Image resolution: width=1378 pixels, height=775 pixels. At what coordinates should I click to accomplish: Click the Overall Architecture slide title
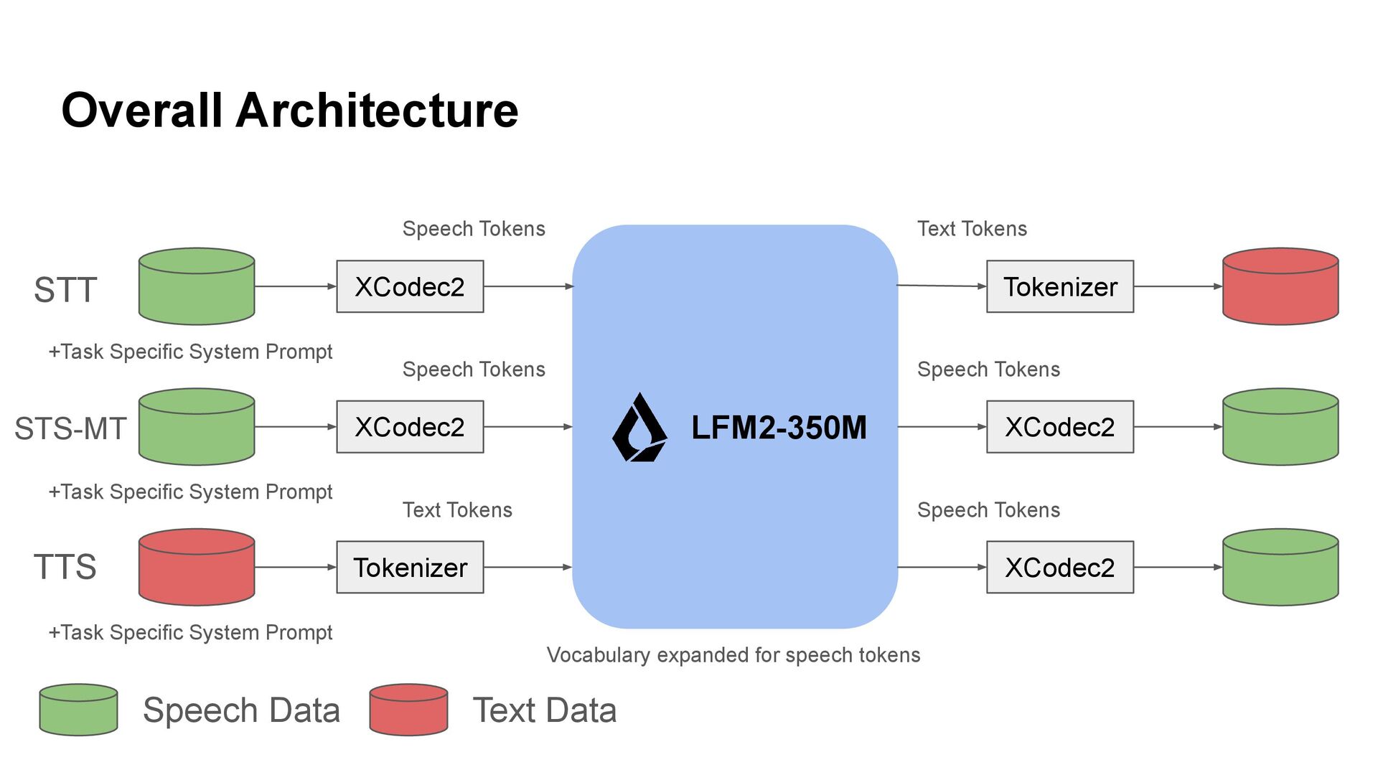click(x=289, y=111)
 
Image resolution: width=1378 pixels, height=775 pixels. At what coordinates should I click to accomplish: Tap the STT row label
click(x=65, y=290)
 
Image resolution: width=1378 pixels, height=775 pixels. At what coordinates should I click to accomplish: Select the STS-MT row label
click(x=70, y=428)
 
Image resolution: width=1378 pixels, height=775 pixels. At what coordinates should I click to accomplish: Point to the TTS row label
click(x=65, y=567)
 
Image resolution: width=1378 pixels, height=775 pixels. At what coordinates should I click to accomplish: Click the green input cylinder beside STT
click(x=197, y=287)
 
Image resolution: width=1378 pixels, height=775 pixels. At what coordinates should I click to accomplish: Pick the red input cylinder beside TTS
click(x=197, y=568)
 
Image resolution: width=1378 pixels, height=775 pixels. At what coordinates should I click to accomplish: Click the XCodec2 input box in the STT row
click(x=410, y=287)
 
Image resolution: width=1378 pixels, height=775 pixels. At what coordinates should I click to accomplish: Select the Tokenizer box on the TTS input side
click(x=410, y=568)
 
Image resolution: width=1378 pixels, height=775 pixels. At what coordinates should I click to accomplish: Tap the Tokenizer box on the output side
click(x=1060, y=287)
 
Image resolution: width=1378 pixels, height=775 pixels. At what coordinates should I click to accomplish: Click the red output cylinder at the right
click(x=1280, y=287)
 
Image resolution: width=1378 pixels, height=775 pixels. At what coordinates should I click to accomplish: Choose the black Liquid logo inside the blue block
click(x=639, y=428)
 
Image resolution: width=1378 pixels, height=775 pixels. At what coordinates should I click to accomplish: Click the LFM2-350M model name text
click(x=779, y=428)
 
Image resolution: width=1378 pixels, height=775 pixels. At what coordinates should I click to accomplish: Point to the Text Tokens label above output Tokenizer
click(x=972, y=229)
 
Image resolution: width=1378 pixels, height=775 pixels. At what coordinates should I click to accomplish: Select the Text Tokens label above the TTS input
click(x=457, y=510)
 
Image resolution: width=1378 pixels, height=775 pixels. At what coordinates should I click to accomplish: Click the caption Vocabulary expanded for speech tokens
click(x=733, y=655)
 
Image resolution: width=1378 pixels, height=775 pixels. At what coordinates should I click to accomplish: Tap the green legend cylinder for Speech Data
click(x=78, y=710)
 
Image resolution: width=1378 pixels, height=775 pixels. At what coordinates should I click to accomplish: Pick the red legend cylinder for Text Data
click(x=408, y=710)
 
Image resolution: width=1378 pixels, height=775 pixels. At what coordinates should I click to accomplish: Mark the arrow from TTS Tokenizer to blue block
click(x=528, y=568)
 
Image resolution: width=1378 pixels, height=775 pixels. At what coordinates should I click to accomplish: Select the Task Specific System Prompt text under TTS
click(x=190, y=632)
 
